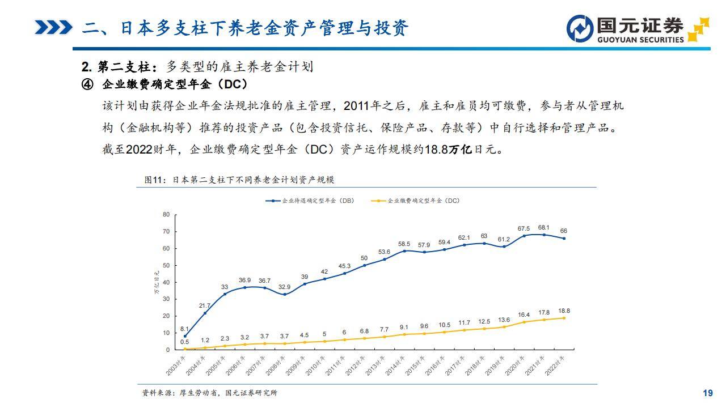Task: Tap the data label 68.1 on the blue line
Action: pyautogui.click(x=544, y=228)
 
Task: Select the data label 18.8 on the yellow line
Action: pyautogui.click(x=564, y=311)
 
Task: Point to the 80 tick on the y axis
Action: pyautogui.click(x=166, y=214)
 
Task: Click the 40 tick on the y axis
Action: pyautogui.click(x=166, y=282)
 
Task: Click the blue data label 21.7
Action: pyautogui.click(x=204, y=305)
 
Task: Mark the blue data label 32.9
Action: pyautogui.click(x=284, y=287)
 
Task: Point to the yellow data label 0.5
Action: pyautogui.click(x=184, y=342)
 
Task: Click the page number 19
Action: pyautogui.click(x=707, y=393)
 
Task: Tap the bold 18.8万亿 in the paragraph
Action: pyautogui.click(x=448, y=150)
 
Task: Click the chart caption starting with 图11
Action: pyautogui.click(x=239, y=180)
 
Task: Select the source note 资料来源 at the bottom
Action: pyautogui.click(x=210, y=393)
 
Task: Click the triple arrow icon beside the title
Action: pyautogui.click(x=53, y=27)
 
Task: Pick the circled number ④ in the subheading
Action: pyautogui.click(x=87, y=84)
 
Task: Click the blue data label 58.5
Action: pyautogui.click(x=404, y=244)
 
